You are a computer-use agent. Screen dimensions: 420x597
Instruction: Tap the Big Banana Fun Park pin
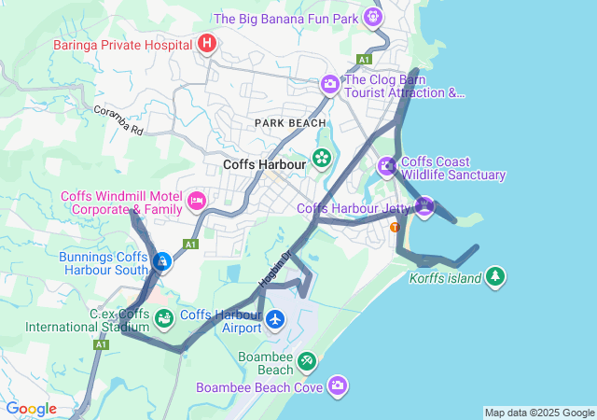click(x=373, y=17)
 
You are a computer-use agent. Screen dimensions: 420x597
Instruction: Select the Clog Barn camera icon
click(x=329, y=85)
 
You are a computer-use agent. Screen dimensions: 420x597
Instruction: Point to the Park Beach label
click(x=291, y=123)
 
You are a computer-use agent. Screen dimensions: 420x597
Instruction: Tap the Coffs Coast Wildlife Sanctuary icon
click(x=387, y=167)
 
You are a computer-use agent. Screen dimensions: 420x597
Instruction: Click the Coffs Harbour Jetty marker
click(x=425, y=206)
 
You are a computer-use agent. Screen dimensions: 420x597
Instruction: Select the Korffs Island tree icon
click(x=495, y=277)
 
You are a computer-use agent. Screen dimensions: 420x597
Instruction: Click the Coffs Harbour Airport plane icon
click(x=275, y=320)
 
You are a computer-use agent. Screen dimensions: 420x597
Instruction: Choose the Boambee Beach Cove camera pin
click(x=337, y=385)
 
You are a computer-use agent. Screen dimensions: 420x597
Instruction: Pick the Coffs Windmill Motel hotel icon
click(x=197, y=200)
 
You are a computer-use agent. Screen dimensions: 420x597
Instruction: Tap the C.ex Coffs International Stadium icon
click(x=164, y=319)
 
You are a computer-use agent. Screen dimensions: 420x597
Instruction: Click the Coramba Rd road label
click(x=118, y=120)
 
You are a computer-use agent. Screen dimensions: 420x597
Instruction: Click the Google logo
click(x=31, y=409)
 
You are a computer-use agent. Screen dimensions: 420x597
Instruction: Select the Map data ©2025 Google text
click(x=539, y=413)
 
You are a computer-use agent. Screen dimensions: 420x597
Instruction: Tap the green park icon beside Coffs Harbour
click(x=322, y=158)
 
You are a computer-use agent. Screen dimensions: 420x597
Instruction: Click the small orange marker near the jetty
click(x=395, y=227)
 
